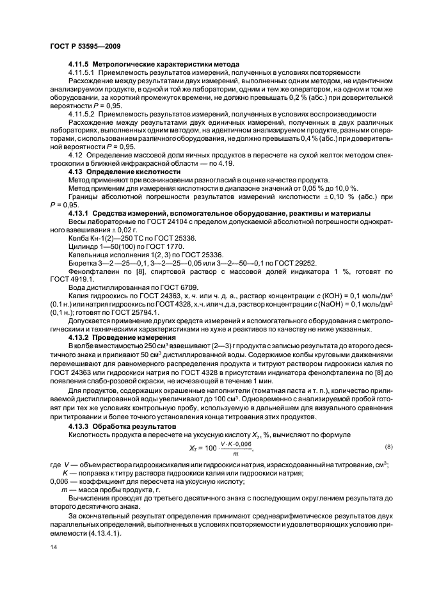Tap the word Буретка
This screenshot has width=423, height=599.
tap(81, 262)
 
